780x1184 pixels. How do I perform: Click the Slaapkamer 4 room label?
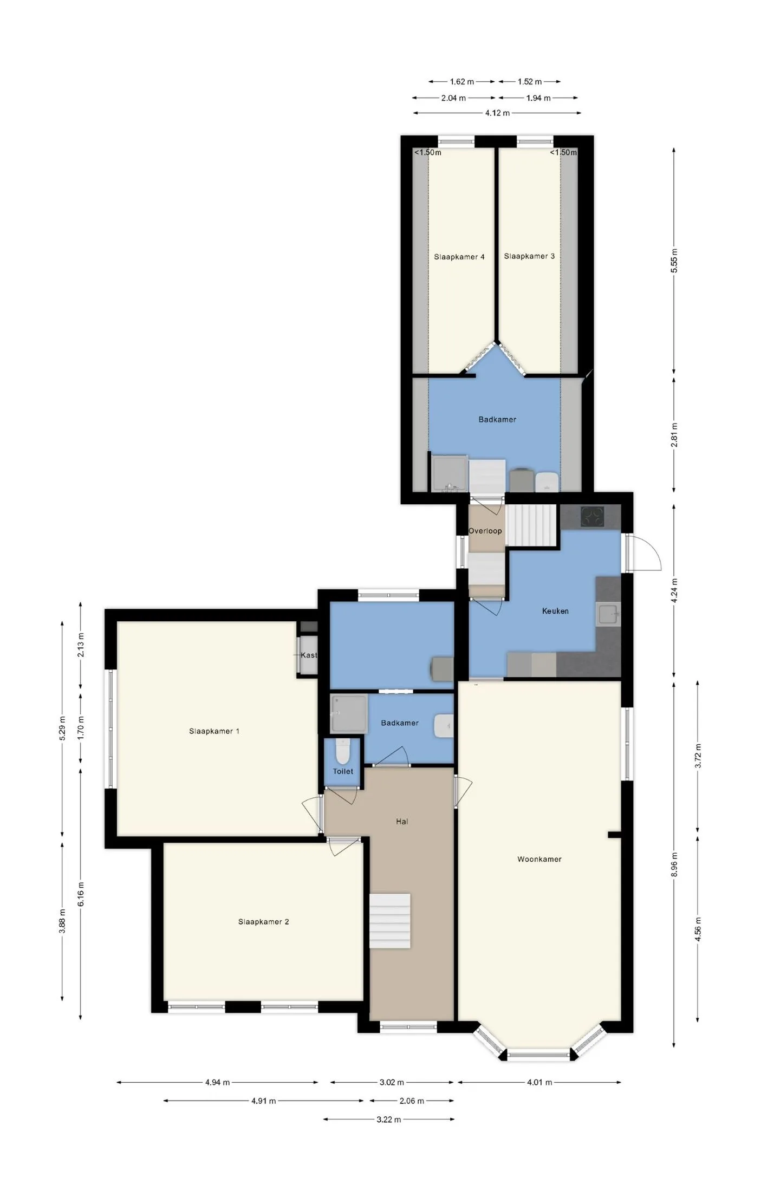pos(459,257)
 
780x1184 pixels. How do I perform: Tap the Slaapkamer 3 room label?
pos(529,256)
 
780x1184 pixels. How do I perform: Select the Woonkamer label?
pos(539,859)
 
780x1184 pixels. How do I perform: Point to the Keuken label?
pos(555,611)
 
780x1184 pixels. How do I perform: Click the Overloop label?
pos(485,531)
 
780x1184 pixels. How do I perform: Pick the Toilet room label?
pos(343,771)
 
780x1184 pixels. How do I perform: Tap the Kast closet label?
pos(309,655)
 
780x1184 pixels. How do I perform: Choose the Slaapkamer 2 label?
pos(263,922)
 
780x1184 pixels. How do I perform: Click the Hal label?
pos(402,822)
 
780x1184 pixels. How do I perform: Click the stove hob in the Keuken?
pos(593,516)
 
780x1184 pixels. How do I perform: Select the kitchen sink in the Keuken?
pos(608,615)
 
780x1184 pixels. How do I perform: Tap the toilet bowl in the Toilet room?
pos(343,751)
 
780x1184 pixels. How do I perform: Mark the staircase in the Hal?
pos(390,921)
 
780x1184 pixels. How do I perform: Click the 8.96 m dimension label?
pos(674,864)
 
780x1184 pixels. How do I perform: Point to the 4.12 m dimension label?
pos(497,113)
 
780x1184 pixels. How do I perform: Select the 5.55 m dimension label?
pos(674,261)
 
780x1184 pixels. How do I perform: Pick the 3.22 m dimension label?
pos(388,1120)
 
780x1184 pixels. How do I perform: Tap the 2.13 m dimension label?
pos(81,645)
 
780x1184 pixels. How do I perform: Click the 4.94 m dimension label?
pos(217,1083)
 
